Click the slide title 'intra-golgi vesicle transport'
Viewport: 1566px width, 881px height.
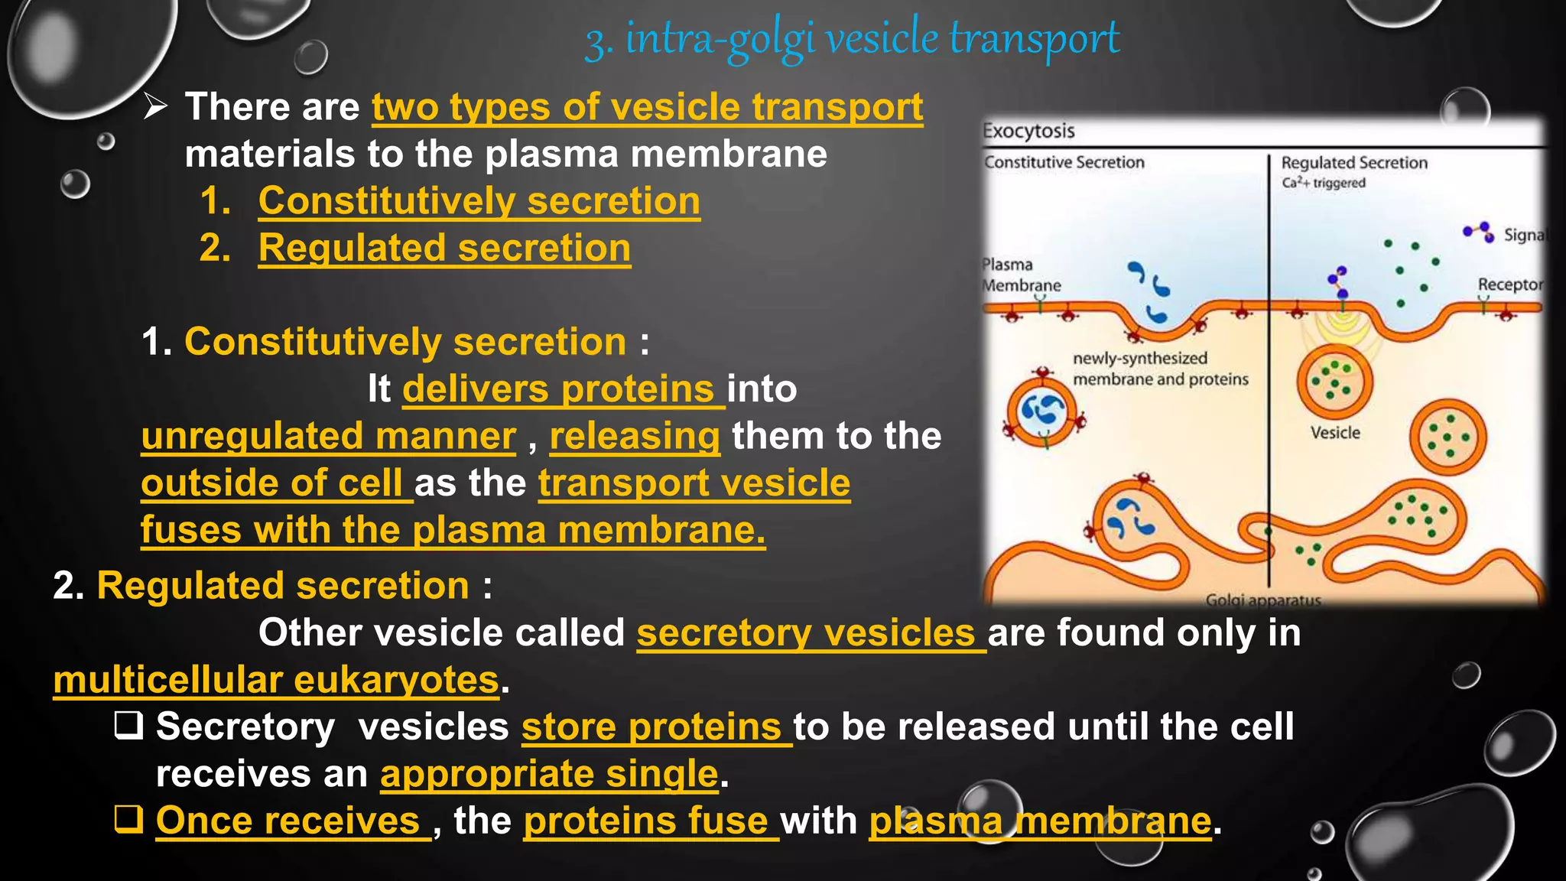click(852, 38)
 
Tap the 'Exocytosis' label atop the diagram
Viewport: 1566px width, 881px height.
click(1028, 131)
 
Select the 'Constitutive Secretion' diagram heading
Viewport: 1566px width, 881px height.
click(1064, 162)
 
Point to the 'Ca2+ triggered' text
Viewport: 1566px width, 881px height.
click(1323, 183)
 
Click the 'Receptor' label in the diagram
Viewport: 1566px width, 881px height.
click(1509, 284)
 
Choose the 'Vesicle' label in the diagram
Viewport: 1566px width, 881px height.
click(1335, 433)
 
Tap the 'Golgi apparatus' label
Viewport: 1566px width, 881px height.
click(1262, 600)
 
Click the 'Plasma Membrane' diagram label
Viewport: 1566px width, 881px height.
click(1021, 275)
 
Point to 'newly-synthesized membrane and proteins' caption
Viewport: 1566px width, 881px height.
click(1160, 369)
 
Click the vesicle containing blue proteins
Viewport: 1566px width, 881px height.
click(1043, 412)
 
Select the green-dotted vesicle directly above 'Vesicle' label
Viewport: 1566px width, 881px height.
click(1334, 381)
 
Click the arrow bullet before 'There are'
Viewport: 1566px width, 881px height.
click(155, 107)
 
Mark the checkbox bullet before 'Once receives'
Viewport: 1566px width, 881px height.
click(128, 820)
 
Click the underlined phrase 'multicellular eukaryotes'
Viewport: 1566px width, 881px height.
click(276, 680)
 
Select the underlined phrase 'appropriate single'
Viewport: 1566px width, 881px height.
click(549, 774)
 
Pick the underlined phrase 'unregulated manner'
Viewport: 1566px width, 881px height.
click(329, 436)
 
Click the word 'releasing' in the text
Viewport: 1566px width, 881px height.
click(635, 436)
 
